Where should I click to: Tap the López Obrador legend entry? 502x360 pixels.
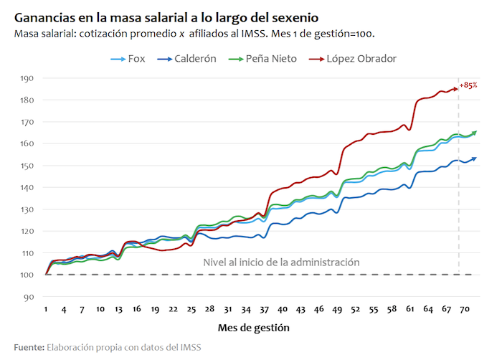coord(361,59)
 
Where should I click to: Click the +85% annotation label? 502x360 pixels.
coord(469,85)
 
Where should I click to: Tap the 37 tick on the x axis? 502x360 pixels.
coord(264,309)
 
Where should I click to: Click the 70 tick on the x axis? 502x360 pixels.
coord(463,309)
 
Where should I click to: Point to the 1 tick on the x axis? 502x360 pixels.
coord(46,309)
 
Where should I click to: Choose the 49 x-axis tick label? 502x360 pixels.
coord(336,309)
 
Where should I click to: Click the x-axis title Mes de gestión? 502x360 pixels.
coord(254,328)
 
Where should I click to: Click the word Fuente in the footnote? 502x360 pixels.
coord(28,348)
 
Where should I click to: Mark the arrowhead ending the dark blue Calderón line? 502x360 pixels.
coord(474,158)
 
